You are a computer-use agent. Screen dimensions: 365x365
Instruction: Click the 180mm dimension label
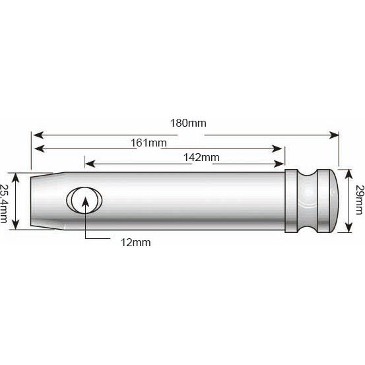point(187,123)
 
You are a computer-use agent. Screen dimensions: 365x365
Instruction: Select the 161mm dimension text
point(148,143)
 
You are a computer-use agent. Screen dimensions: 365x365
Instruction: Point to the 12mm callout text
point(135,242)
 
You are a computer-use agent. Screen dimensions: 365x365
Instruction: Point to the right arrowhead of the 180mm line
point(335,135)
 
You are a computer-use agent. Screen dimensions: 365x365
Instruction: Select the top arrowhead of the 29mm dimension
point(348,171)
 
